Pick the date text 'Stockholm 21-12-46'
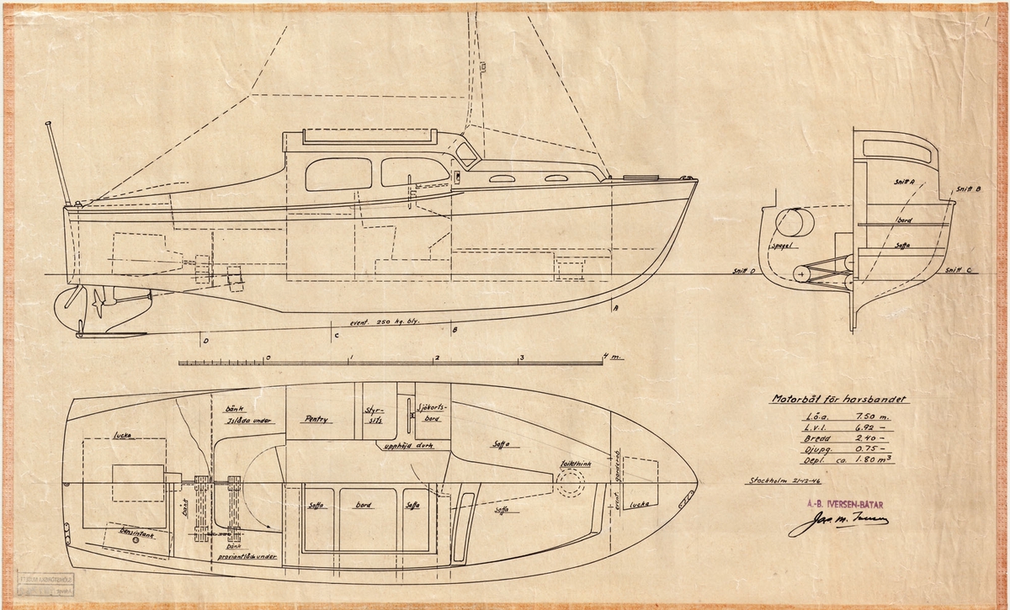click(x=782, y=482)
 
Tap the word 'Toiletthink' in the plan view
click(x=571, y=463)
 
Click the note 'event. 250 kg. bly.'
click(x=382, y=322)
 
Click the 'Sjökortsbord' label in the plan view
click(x=432, y=411)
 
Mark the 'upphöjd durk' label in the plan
click(x=407, y=446)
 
